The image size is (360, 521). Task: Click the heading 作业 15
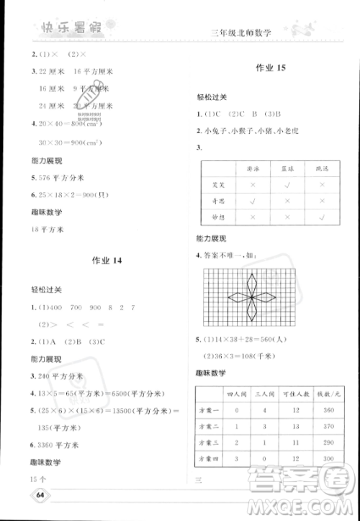pos(271,69)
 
